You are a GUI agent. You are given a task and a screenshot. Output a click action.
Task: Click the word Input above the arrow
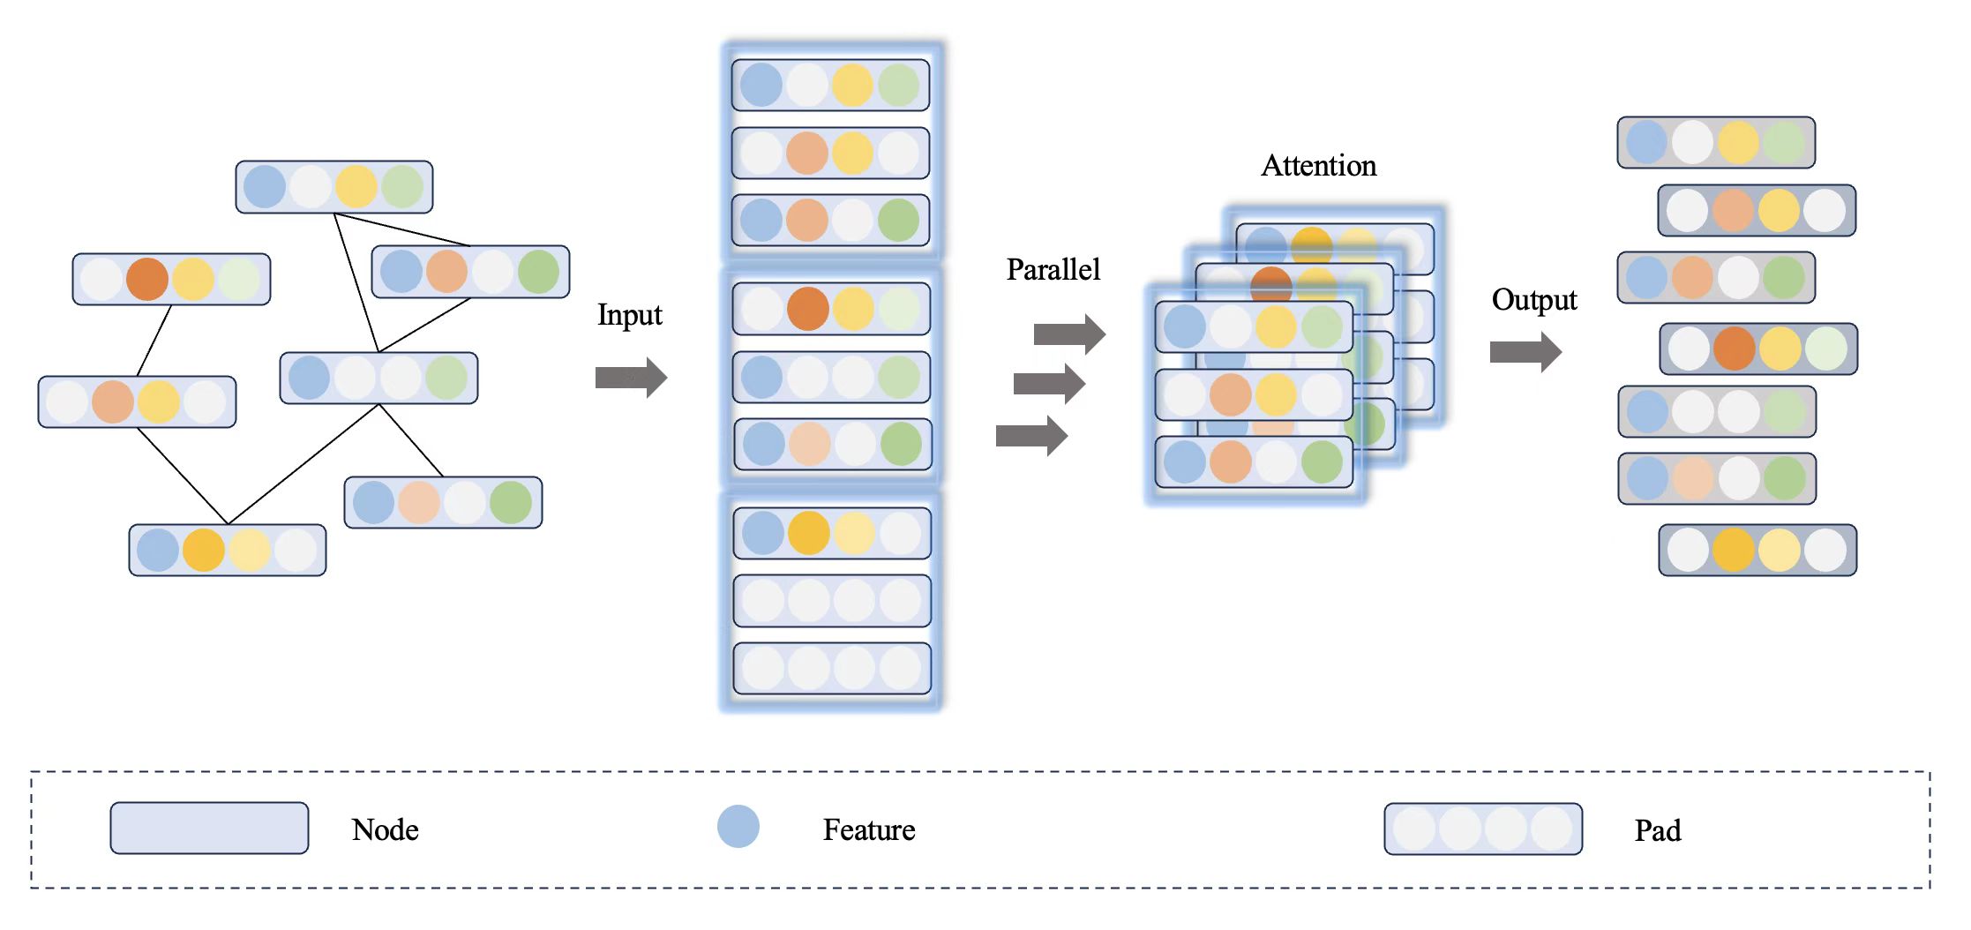pos(629,315)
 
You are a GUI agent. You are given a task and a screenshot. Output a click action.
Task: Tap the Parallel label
pos(1053,269)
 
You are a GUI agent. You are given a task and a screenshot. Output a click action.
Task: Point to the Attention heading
pos(1318,166)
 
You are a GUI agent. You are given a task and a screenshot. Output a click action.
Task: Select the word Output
pos(1534,300)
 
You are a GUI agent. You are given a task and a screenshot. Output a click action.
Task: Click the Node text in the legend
pos(385,829)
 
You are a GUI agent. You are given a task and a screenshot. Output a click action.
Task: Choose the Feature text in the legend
pos(869,829)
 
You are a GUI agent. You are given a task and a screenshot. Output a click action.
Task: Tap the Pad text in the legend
pos(1658,830)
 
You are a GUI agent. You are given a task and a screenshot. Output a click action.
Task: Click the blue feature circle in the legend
pos(738,827)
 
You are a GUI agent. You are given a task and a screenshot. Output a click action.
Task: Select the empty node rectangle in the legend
pos(209,828)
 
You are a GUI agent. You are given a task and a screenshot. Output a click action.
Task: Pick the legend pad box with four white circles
pos(1483,829)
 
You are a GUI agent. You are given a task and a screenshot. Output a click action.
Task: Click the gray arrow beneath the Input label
pos(631,378)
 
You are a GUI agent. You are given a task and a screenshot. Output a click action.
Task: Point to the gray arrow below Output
pos(1525,352)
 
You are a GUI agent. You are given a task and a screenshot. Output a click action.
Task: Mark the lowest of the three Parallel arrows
pos(1031,436)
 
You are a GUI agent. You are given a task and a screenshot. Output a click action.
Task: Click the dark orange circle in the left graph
pos(147,280)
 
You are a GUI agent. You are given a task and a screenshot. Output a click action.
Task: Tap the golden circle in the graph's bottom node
pos(204,551)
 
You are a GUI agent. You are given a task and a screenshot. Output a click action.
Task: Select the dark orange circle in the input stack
pos(808,309)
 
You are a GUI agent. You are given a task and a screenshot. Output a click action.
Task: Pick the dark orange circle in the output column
pos(1735,349)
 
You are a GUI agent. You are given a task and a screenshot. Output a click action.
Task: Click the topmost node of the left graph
pos(334,187)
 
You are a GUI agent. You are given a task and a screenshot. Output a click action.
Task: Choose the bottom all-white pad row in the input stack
pos(832,668)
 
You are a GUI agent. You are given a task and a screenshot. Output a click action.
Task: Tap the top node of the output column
pos(1716,142)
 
